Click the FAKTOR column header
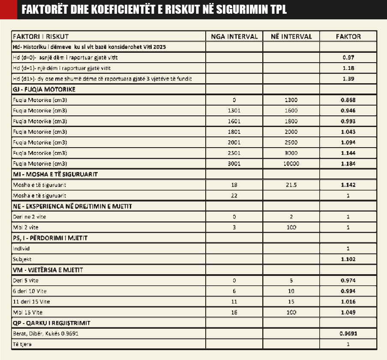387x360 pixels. pyautogui.click(x=348, y=36)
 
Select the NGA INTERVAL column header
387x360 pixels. pyautogui.click(x=234, y=36)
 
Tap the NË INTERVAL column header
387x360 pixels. pyautogui.click(x=291, y=36)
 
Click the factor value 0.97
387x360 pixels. pyautogui.click(x=348, y=57)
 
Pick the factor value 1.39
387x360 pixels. pyautogui.click(x=348, y=79)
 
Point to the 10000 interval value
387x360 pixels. pyautogui.click(x=291, y=163)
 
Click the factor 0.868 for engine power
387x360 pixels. pyautogui.click(x=348, y=100)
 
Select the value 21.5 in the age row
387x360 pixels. pyautogui.click(x=291, y=185)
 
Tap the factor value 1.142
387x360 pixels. pyautogui.click(x=348, y=185)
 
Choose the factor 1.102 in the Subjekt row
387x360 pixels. pyautogui.click(x=348, y=259)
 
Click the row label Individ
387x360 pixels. pyautogui.click(x=21, y=248)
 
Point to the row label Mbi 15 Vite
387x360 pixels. pyautogui.click(x=28, y=312)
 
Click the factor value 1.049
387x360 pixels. pyautogui.click(x=348, y=312)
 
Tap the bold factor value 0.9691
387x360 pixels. pyautogui.click(x=348, y=333)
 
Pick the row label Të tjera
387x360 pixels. pyautogui.click(x=22, y=344)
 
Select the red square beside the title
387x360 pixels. pyautogui.click(x=8, y=9)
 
